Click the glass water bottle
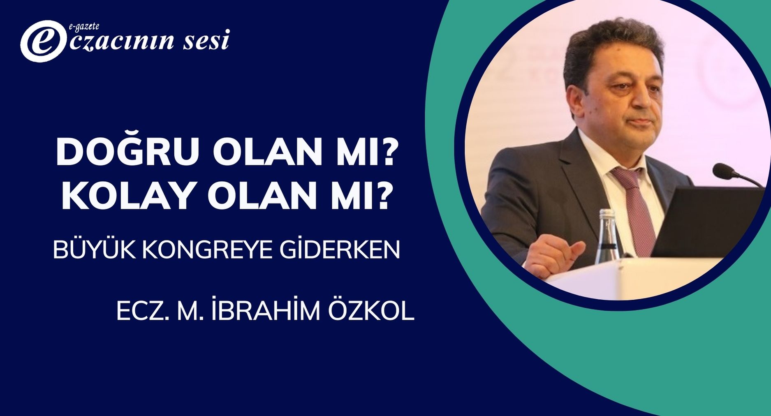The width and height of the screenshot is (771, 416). tap(607, 236)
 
